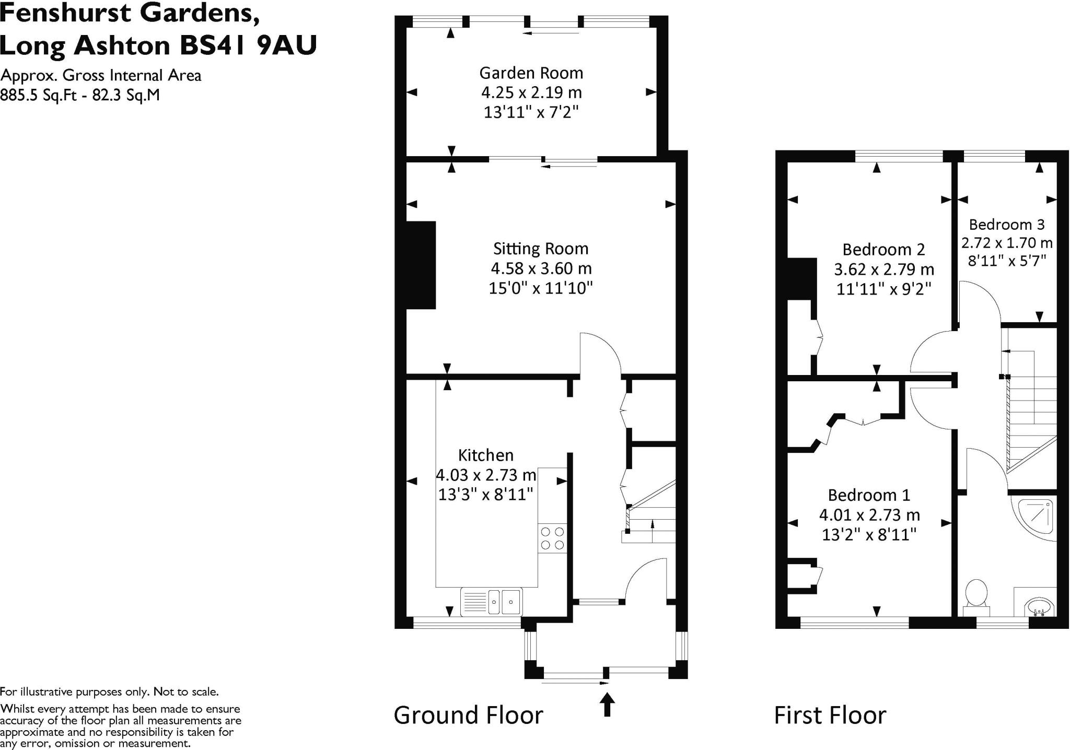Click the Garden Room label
[531, 73]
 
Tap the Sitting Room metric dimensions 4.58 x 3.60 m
[541, 268]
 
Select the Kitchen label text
[486, 455]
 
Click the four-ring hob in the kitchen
[552, 538]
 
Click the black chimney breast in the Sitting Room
[421, 265]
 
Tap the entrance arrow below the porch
[607, 704]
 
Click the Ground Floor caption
[468, 715]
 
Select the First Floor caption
[830, 715]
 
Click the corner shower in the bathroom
[1035, 519]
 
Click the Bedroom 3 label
[1006, 225]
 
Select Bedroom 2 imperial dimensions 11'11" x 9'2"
[884, 289]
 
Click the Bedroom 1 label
[869, 495]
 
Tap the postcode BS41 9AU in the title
[248, 45]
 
